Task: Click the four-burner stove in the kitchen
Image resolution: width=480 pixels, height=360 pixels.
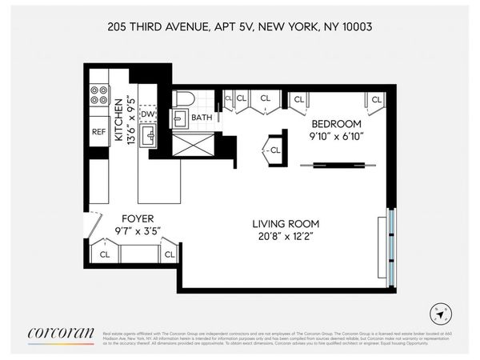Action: click(x=98, y=96)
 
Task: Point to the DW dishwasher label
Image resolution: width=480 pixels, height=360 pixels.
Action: click(x=147, y=114)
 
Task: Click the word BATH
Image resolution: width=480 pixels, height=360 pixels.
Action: click(x=202, y=117)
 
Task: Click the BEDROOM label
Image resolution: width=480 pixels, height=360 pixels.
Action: click(x=336, y=125)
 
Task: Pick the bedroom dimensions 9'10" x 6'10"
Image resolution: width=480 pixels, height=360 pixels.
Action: click(x=336, y=138)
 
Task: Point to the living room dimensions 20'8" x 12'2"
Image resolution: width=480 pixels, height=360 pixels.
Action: click(x=287, y=237)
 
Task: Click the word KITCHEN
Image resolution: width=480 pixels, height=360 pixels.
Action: click(x=118, y=121)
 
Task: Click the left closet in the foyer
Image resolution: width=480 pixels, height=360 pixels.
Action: click(x=105, y=254)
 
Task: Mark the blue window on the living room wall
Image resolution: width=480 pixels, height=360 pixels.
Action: click(x=390, y=245)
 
